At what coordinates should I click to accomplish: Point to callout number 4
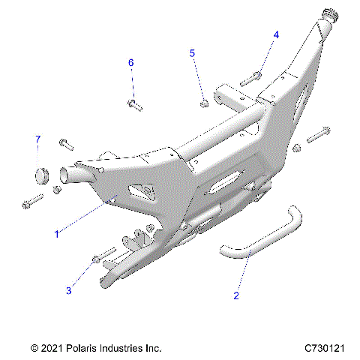pyautogui.click(x=276, y=34)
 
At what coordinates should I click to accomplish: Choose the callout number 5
pyautogui.click(x=192, y=53)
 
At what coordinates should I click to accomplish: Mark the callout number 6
pyautogui.click(x=130, y=62)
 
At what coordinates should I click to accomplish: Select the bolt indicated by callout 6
pyautogui.click(x=133, y=103)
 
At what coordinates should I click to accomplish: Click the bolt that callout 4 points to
pyautogui.click(x=250, y=77)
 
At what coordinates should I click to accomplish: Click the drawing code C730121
pyautogui.click(x=324, y=348)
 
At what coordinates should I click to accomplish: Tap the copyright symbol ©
pyautogui.click(x=35, y=348)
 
